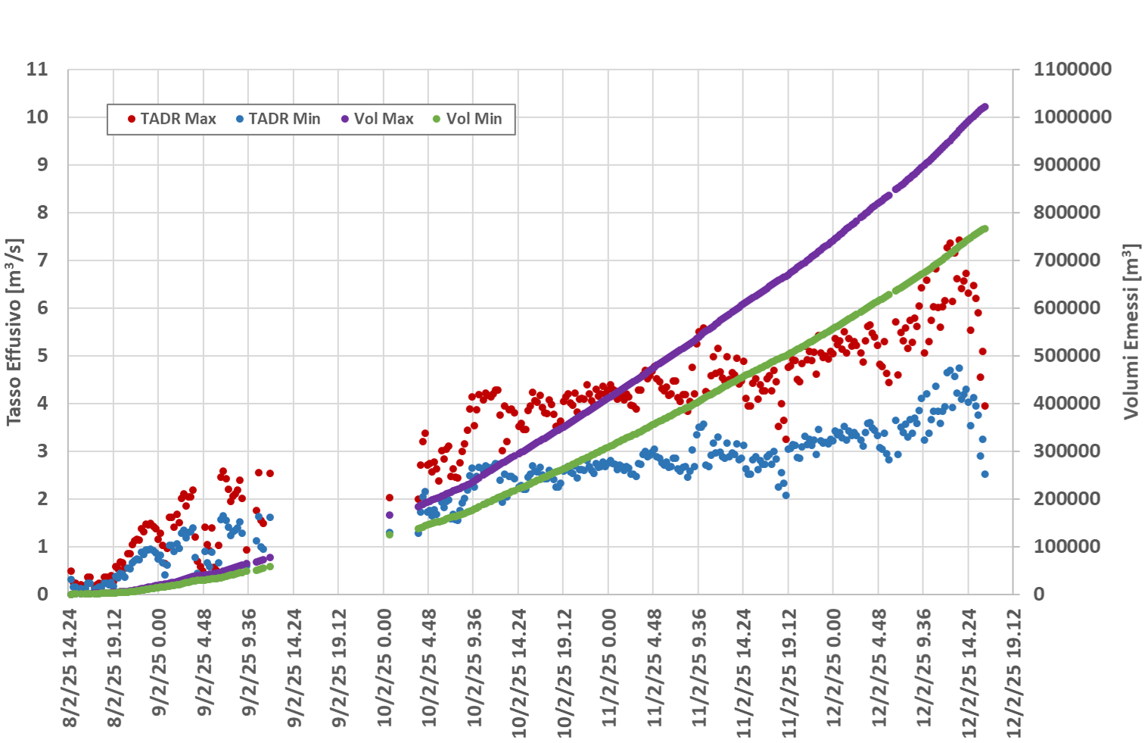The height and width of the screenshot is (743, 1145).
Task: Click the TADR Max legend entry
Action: click(172, 119)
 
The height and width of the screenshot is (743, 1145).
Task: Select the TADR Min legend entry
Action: click(278, 119)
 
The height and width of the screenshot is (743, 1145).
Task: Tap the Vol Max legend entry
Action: click(378, 119)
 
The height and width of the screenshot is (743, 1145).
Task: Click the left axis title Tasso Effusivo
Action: click(14, 332)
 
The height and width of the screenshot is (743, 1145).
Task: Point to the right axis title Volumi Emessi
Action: click(1131, 332)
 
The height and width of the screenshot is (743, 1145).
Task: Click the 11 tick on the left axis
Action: click(37, 70)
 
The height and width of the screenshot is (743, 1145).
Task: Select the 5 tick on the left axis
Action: click(42, 356)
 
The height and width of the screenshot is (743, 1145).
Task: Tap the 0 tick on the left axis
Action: click(42, 595)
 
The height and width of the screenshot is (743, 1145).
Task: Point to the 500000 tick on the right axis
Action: click(1067, 356)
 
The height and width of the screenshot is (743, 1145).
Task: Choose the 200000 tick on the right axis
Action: click(1067, 499)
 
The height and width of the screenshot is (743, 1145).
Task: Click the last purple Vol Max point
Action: click(985, 107)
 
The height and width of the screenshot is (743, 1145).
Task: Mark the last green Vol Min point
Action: click(985, 229)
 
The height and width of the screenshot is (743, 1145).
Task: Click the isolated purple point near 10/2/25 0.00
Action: click(390, 515)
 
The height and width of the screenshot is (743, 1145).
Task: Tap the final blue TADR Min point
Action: click(985, 474)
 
